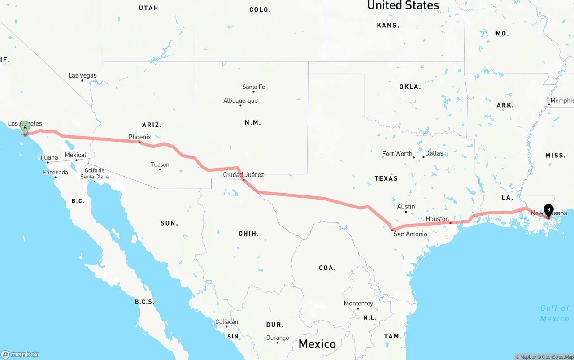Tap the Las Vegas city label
pyautogui.click(x=83, y=75)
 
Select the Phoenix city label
pyautogui.click(x=139, y=137)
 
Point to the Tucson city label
pyautogui.click(x=160, y=165)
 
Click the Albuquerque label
pyautogui.click(x=240, y=100)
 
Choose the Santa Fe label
pyautogui.click(x=253, y=87)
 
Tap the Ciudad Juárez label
pyautogui.click(x=244, y=175)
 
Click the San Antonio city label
pyautogui.click(x=410, y=234)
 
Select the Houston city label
pyautogui.click(x=437, y=219)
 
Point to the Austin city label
pyautogui.click(x=406, y=207)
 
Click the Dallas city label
pyautogui.click(x=434, y=153)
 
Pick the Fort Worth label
pyautogui.click(x=397, y=154)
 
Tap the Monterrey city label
pyautogui.click(x=358, y=304)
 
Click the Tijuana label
pyautogui.click(x=48, y=157)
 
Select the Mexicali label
pyautogui.click(x=76, y=155)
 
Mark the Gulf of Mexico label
pyautogui.click(x=554, y=313)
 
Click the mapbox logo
pyautogui.click(x=20, y=354)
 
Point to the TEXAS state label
pyautogui.click(x=386, y=178)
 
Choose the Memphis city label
pyautogui.click(x=562, y=100)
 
